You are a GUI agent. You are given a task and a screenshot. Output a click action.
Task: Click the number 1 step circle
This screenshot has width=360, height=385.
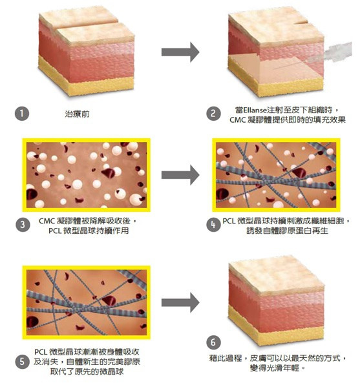(x=22, y=114)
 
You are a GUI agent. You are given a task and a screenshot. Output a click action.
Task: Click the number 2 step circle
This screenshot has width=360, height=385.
(x=213, y=114)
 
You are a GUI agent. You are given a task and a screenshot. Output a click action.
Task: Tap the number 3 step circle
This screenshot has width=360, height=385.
(x=23, y=225)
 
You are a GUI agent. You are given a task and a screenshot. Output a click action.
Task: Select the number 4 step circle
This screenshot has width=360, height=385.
(x=213, y=225)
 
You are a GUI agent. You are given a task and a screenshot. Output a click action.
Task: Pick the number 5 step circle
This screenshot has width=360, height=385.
(x=22, y=362)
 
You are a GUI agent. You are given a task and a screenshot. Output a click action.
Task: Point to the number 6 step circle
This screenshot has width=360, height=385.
(x=213, y=342)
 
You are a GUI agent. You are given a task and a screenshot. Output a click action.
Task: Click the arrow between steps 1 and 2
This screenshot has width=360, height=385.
(x=180, y=52)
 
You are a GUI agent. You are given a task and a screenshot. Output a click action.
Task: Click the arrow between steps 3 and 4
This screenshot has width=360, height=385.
(x=180, y=175)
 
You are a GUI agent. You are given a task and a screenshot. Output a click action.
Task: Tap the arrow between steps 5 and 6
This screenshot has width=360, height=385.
(x=180, y=303)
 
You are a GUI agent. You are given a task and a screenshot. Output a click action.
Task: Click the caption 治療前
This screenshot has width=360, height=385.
(x=77, y=114)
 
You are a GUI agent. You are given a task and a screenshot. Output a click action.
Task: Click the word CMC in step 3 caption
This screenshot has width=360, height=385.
(x=47, y=221)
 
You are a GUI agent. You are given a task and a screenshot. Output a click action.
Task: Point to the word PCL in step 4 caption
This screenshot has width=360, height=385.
(x=229, y=221)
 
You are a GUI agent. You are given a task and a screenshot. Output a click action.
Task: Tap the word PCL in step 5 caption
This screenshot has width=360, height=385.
(x=41, y=352)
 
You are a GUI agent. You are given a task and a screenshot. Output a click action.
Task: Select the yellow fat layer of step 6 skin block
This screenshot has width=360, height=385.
(x=275, y=327)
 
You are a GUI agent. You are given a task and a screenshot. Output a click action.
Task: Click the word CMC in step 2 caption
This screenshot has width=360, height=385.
(x=238, y=120)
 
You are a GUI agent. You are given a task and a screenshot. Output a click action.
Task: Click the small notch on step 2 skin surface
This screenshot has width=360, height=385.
(x=301, y=24)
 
